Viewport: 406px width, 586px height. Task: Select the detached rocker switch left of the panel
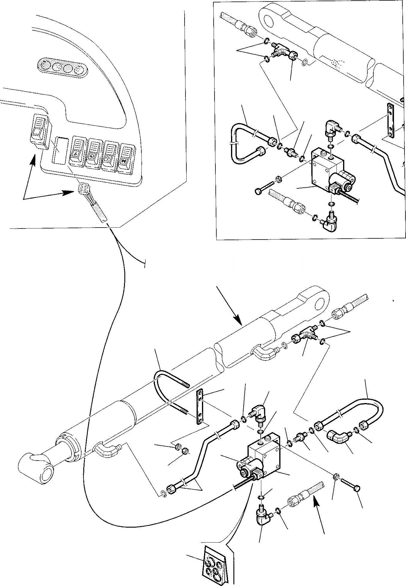pyautogui.click(x=39, y=131)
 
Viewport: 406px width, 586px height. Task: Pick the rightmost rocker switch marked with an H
pyautogui.click(x=127, y=158)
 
